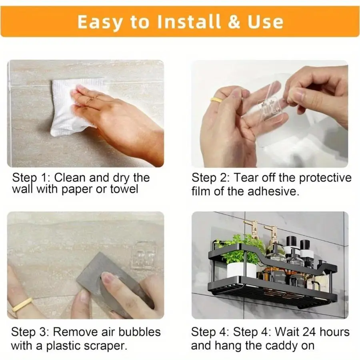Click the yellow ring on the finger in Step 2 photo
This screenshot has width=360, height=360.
tap(216, 100)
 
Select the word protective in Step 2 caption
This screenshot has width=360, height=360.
tap(324, 178)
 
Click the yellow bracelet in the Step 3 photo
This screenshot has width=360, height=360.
tap(22, 304)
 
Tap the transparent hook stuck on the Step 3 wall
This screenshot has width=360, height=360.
tap(144, 254)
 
